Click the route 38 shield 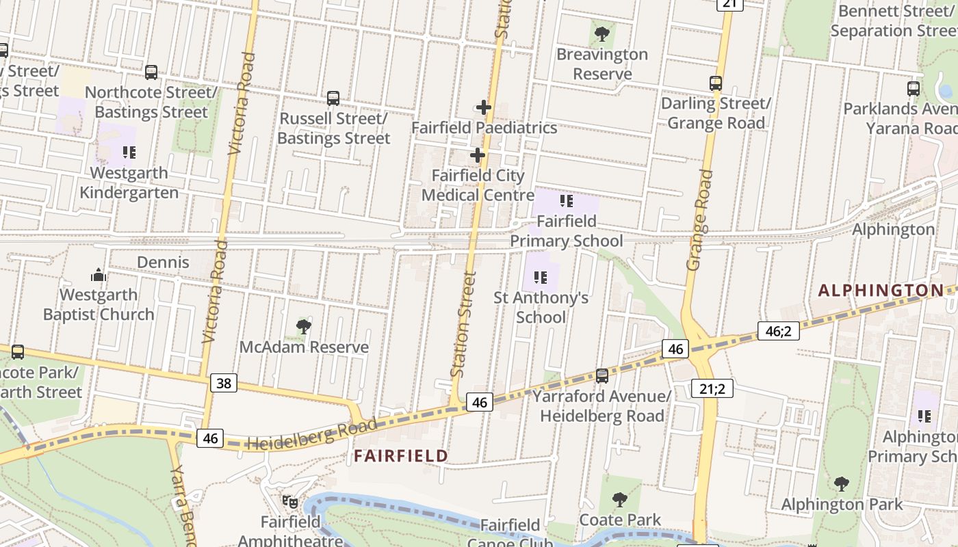point(224,383)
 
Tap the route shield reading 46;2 point(779,331)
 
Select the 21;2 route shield point(712,389)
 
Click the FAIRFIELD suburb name point(401,456)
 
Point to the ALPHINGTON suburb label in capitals point(881,291)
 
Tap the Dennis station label point(163,263)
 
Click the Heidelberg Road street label point(311,435)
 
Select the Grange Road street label point(699,220)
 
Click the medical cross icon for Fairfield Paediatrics point(484,107)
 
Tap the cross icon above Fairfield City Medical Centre point(478,156)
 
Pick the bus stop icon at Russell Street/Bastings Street point(333,98)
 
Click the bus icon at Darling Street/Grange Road point(716,83)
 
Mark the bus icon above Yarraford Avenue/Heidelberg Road point(602,375)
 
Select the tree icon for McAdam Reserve point(304,327)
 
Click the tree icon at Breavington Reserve point(602,34)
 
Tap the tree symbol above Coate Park point(620,500)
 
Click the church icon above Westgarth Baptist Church point(99,275)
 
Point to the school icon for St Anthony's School point(541,278)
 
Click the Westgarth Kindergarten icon point(129,152)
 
